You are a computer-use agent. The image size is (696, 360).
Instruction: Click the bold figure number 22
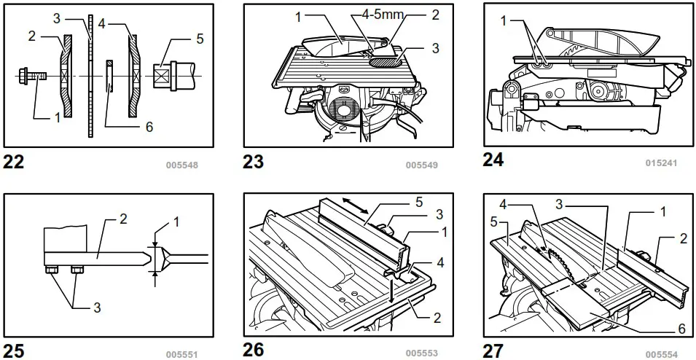click(x=14, y=162)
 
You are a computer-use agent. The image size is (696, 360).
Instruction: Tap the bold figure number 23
click(x=254, y=162)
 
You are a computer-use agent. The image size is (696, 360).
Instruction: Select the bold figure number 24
click(x=493, y=160)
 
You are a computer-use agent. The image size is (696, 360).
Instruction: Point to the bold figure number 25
click(x=14, y=351)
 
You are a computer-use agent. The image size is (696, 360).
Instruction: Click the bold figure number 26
click(x=254, y=350)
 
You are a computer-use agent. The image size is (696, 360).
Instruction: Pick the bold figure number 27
click(x=493, y=351)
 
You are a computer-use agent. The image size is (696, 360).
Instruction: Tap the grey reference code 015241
click(x=661, y=163)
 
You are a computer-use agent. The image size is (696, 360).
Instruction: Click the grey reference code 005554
click(x=661, y=354)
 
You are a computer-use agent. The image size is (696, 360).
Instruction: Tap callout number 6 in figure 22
click(x=149, y=127)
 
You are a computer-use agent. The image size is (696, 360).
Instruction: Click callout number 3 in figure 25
click(x=97, y=308)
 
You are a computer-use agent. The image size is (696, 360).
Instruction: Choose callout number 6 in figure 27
click(x=681, y=329)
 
